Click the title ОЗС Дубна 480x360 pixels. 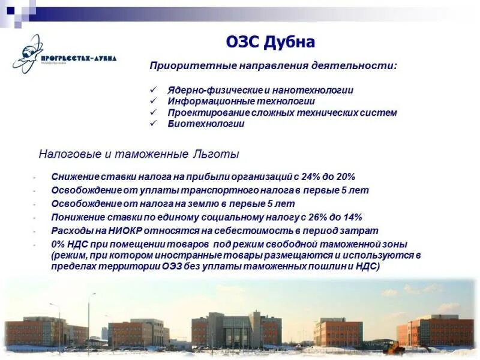[x=271, y=42]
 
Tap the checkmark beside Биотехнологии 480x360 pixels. [x=154, y=124]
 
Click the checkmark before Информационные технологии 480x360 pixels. [x=154, y=101]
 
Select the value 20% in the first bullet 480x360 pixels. [x=345, y=177]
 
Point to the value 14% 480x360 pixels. [x=352, y=217]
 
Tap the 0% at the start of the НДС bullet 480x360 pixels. [x=58, y=245]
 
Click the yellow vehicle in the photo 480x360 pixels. [x=393, y=347]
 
